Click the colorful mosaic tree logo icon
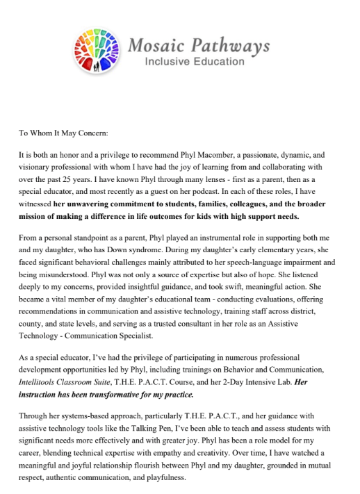[97, 50]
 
